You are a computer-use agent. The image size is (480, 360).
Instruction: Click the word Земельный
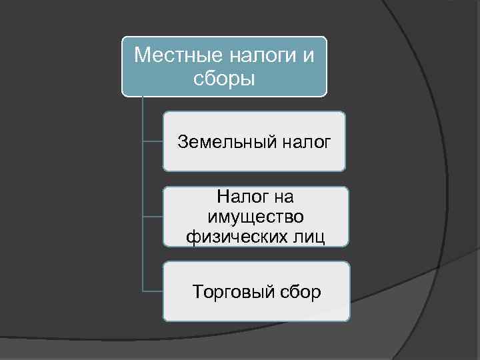coord(220,141)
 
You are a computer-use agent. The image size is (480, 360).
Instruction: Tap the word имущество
coord(256,217)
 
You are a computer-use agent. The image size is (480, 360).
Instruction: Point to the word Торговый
coord(229,291)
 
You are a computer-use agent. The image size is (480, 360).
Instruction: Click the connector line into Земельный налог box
coord(153,141)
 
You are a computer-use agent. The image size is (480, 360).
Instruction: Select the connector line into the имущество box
coord(153,217)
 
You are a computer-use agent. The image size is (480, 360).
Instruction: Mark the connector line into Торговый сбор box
coord(153,291)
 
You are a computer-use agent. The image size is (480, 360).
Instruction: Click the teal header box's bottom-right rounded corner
coord(324,94)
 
